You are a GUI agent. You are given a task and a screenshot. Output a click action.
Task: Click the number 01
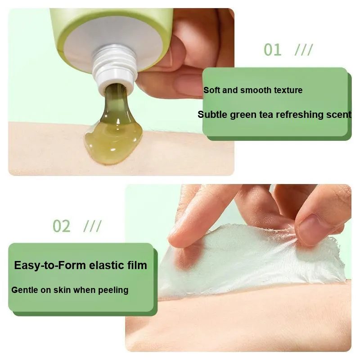coord(272,49)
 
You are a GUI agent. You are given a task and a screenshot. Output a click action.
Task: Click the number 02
coord(62,226)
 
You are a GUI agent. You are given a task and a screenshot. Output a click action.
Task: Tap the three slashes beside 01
coord(304,49)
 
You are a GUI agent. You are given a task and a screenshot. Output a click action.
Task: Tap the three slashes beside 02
coord(93,226)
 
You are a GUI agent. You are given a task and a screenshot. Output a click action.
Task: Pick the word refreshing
coord(300,115)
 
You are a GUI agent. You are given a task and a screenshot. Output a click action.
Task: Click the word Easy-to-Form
coord(50,265)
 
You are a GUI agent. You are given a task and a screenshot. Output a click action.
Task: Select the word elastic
coord(107,265)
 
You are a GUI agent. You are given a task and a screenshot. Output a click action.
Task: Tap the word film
coord(137,265)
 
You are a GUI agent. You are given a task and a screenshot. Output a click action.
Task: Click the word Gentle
coord(25,290)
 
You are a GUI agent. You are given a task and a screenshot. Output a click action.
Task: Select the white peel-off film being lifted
coord(252,262)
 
